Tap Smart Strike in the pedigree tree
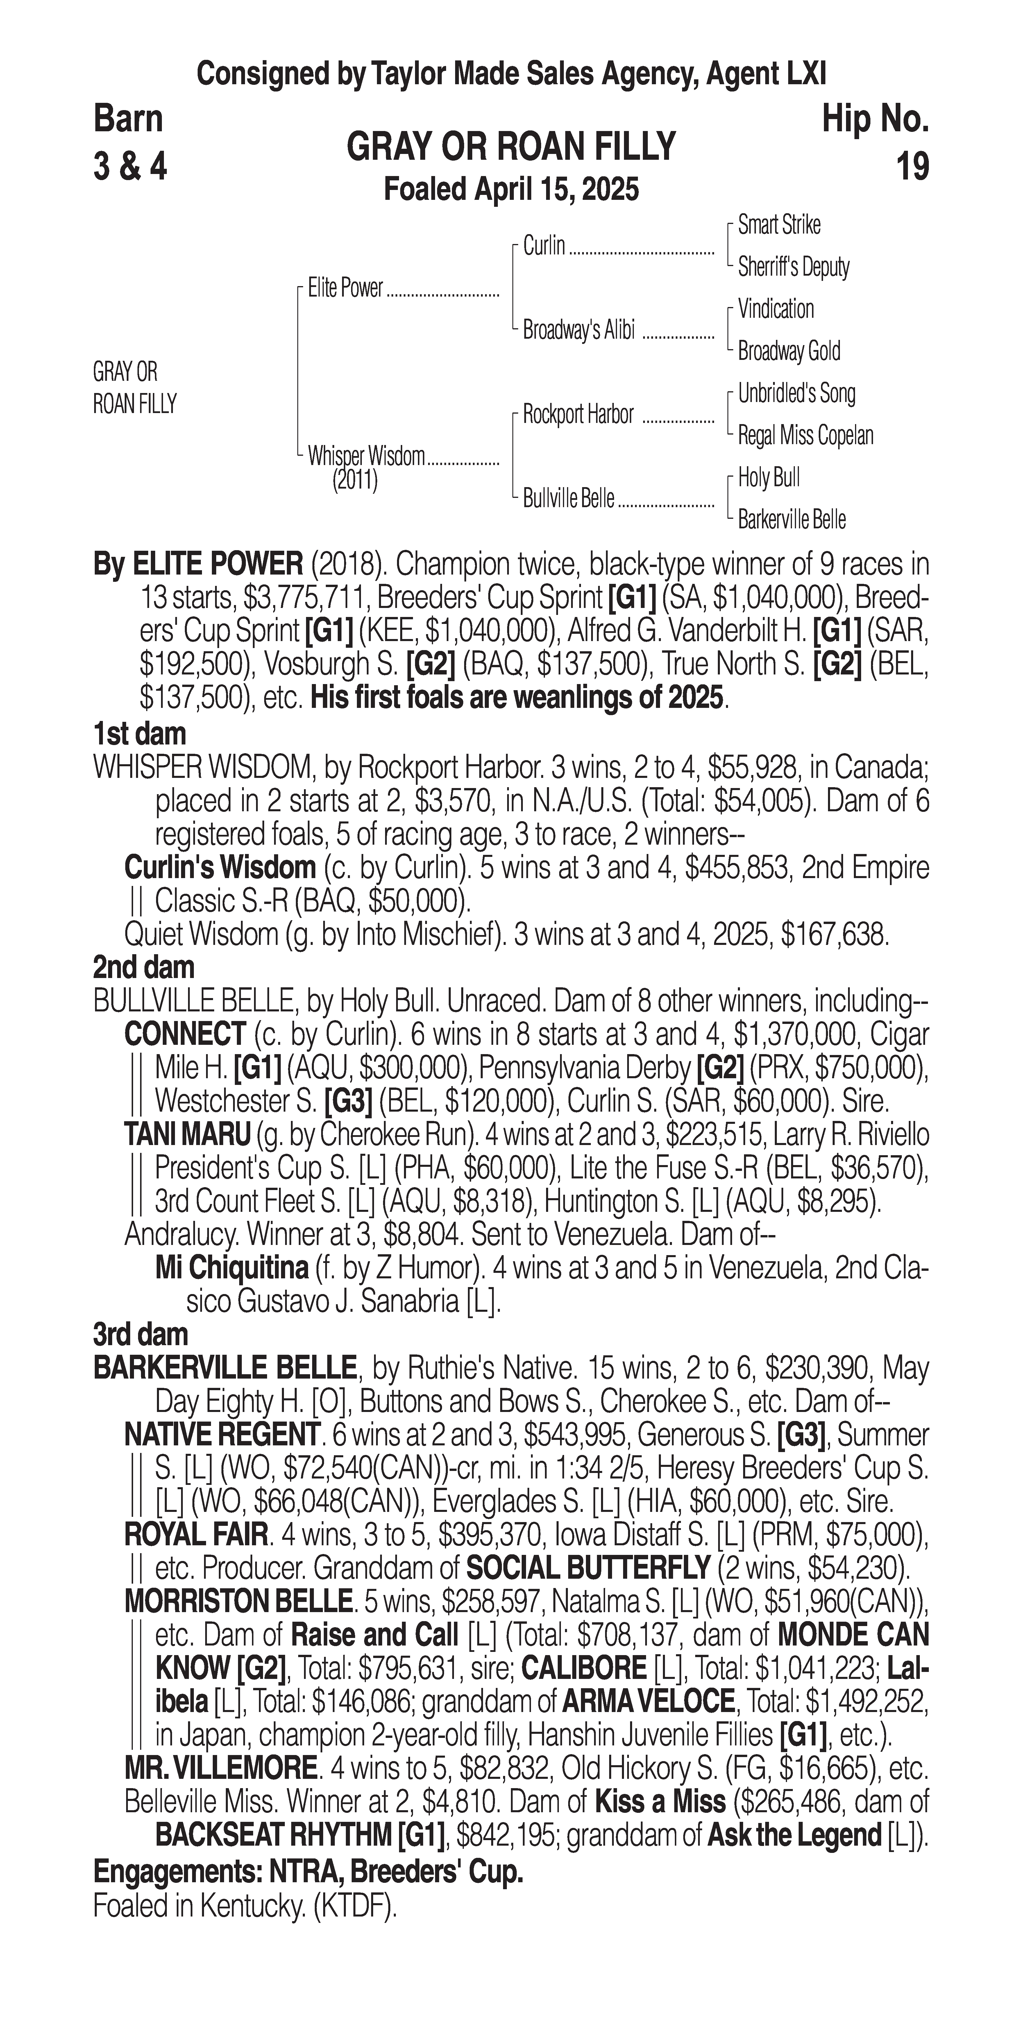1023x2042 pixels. point(779,225)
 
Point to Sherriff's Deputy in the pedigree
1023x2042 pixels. point(793,267)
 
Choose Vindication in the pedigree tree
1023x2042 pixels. point(776,309)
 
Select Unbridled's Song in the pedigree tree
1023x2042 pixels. point(796,393)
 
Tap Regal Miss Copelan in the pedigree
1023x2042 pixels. point(805,435)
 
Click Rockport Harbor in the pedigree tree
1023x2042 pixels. point(578,414)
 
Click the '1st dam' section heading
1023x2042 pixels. point(139,733)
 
